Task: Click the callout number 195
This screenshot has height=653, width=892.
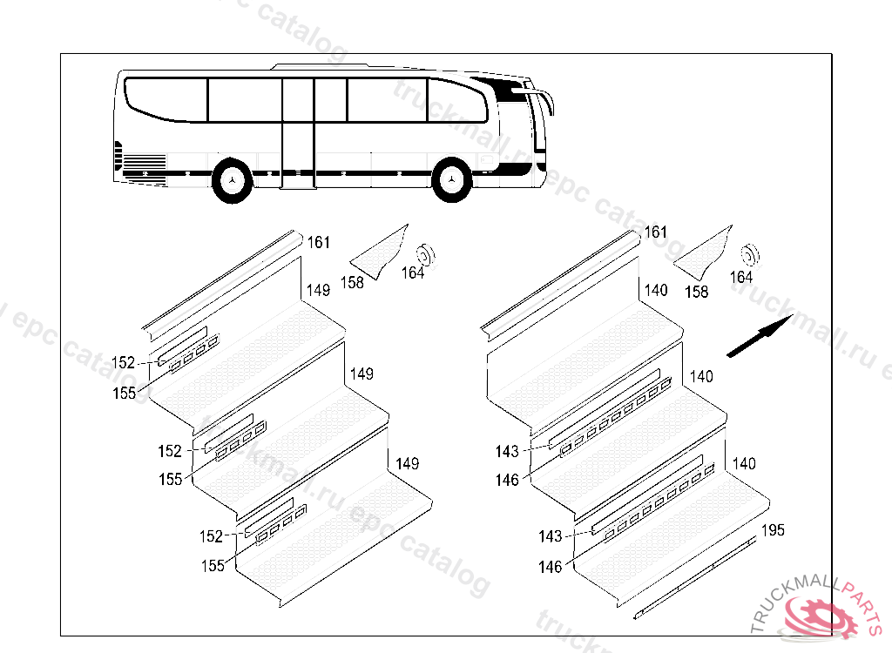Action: coord(773,530)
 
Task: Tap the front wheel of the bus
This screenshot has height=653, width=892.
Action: coord(451,180)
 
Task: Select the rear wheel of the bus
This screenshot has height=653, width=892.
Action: coord(233,180)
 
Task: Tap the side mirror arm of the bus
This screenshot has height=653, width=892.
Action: coord(545,100)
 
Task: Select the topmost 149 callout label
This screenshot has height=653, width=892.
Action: coord(318,290)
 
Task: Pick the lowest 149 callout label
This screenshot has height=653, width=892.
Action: coord(407,463)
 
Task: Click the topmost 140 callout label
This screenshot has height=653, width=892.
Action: coord(656,290)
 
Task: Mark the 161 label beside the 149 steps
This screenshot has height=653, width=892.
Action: coord(319,242)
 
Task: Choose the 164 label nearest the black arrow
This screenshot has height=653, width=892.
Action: coord(740,277)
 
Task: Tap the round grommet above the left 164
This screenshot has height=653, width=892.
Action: coord(426,256)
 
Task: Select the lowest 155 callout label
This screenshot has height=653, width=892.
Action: coord(212,565)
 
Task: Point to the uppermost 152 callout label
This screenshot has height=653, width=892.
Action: coord(123,363)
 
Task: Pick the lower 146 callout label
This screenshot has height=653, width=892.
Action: coord(550,567)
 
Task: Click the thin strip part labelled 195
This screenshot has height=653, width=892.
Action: coord(697,577)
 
